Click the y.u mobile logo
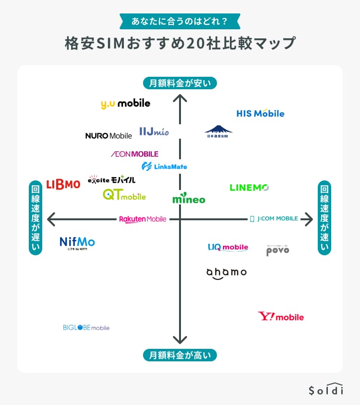click(x=125, y=104)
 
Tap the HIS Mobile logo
click(x=260, y=114)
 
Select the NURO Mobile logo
click(x=108, y=136)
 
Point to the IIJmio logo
click(x=154, y=131)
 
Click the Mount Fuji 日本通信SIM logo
click(x=218, y=131)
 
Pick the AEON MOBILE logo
click(x=134, y=154)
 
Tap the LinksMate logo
click(x=164, y=167)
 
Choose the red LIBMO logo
click(x=63, y=184)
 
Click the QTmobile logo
click(x=124, y=195)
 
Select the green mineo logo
click(x=189, y=199)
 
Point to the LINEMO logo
click(x=249, y=188)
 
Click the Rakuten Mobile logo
click(x=143, y=219)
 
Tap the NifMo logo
click(x=77, y=243)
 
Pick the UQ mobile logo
click(x=228, y=247)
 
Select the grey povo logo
click(x=278, y=250)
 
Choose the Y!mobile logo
click(x=281, y=317)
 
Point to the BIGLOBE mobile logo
click(x=86, y=328)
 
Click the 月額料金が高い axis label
click(x=180, y=355)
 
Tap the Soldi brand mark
click(x=326, y=389)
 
